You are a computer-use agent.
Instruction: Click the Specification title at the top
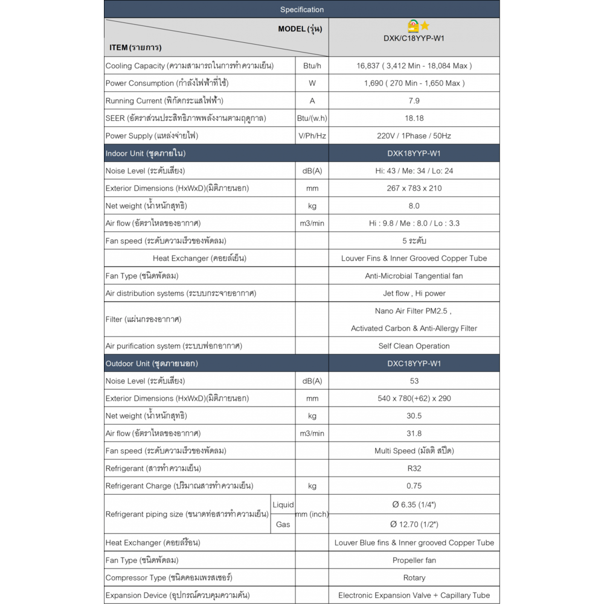tap(302, 10)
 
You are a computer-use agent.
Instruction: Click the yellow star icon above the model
tap(425, 26)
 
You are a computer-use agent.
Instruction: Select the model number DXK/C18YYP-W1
tap(414, 37)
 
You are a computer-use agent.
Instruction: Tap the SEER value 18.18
tap(414, 118)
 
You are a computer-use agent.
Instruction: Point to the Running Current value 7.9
tap(414, 101)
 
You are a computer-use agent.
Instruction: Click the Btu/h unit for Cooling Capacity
tap(312, 66)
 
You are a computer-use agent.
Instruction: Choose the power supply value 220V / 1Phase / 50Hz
tap(414, 136)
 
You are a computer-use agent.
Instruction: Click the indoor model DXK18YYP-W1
tap(414, 153)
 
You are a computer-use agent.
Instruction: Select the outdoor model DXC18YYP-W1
tap(414, 364)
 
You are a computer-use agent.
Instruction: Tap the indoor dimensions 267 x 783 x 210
tap(414, 188)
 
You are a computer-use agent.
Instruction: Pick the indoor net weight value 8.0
tap(414, 206)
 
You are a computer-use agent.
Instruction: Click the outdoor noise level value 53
tap(414, 381)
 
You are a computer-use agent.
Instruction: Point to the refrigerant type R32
tap(414, 469)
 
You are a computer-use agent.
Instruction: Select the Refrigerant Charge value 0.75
tap(414, 486)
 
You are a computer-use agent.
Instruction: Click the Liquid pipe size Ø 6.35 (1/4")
tap(414, 505)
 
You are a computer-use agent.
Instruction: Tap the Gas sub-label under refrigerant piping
tap(283, 524)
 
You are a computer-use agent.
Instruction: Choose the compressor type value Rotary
tap(414, 578)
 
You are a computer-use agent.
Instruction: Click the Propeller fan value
tap(414, 561)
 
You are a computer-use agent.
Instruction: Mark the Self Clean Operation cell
tap(414, 346)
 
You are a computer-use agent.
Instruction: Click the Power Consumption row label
tap(166, 83)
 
